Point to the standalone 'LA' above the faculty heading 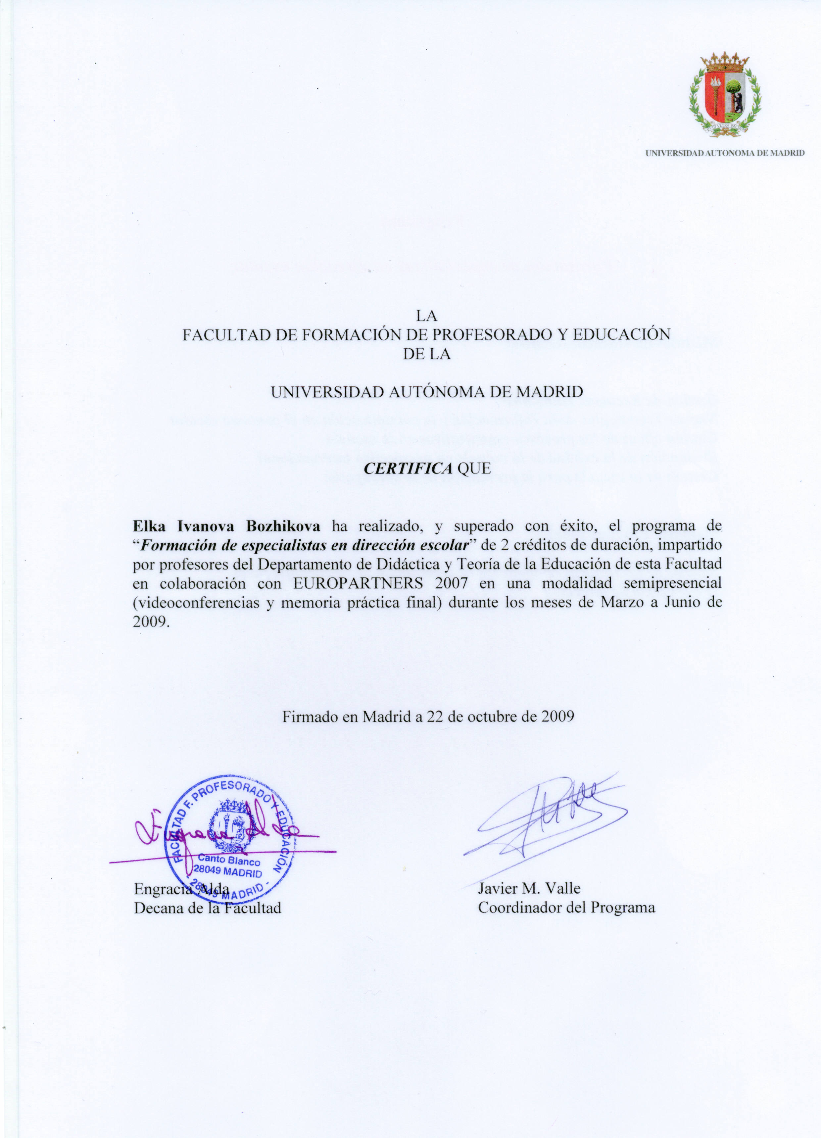coord(427,316)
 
